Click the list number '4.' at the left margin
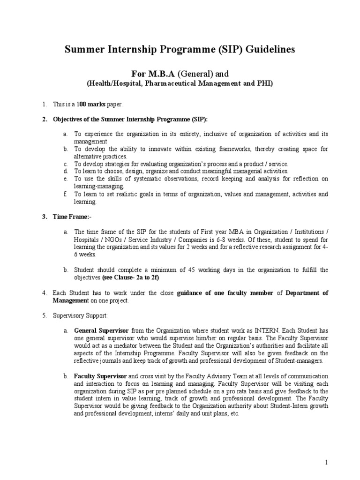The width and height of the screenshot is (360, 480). click(45, 293)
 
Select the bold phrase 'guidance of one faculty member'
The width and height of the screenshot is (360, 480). click(225, 293)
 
